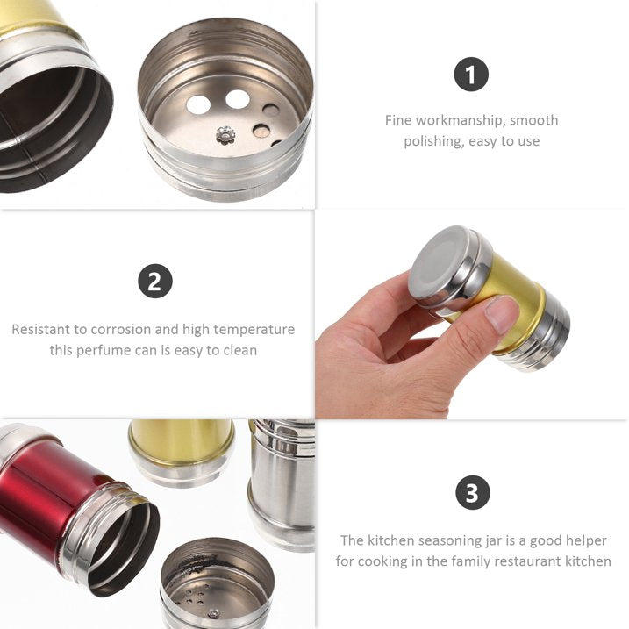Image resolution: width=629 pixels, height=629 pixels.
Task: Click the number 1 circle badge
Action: pos(471,75)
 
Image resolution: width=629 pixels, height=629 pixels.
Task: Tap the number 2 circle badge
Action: pos(155,281)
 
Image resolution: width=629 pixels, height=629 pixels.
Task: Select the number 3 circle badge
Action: pos(473,492)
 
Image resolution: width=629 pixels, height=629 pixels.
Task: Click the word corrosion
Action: pos(121,329)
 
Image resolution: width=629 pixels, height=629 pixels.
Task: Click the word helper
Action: pos(586,541)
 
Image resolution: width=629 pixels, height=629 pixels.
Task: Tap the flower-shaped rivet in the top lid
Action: pos(225,134)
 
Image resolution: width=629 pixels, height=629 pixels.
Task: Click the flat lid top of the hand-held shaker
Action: pos(437,260)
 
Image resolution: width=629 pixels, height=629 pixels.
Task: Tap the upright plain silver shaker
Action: pos(282,485)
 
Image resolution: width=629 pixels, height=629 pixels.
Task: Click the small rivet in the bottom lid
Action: pos(213,613)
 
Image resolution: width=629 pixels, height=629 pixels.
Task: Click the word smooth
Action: pos(534,120)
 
